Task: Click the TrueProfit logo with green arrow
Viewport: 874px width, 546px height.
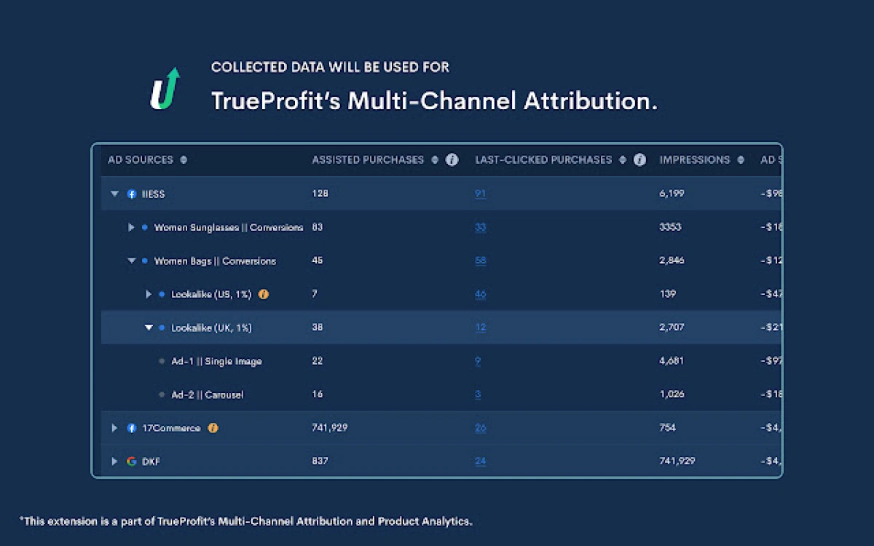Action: (x=165, y=89)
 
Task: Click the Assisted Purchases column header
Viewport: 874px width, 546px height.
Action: (x=368, y=159)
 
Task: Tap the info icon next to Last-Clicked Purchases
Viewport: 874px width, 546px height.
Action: (x=639, y=159)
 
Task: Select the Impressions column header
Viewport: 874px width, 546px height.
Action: (x=694, y=159)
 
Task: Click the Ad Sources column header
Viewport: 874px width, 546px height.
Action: (x=141, y=159)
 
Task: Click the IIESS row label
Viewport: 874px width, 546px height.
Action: (x=153, y=194)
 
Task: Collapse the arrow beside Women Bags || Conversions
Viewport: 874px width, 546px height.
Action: (x=132, y=261)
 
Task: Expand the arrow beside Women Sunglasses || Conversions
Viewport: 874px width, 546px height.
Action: (x=132, y=227)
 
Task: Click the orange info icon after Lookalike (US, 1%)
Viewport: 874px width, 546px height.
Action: (x=264, y=294)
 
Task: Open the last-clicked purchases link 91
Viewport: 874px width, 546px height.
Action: (x=480, y=194)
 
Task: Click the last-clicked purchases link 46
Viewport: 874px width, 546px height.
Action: (x=480, y=294)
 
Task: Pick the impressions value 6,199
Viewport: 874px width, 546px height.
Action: (x=672, y=194)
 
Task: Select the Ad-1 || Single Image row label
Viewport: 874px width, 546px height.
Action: (x=216, y=361)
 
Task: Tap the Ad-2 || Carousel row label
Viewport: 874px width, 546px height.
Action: (x=207, y=395)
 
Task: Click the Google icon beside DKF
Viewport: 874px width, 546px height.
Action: (x=132, y=462)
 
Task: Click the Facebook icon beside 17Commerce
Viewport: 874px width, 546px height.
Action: (x=132, y=428)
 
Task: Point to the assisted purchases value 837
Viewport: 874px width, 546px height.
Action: (x=320, y=461)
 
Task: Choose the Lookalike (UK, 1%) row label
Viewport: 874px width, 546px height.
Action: (x=211, y=328)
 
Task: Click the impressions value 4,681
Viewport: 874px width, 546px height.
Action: (x=672, y=361)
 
